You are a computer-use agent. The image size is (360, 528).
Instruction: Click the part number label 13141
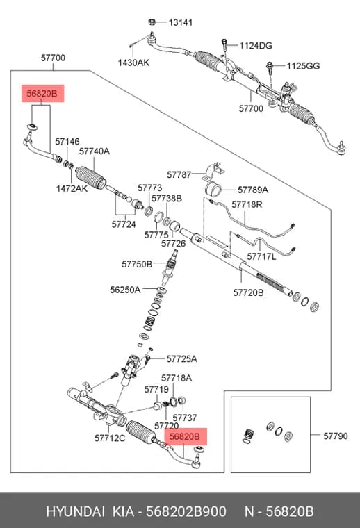click(x=181, y=22)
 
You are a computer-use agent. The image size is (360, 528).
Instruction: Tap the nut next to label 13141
click(x=152, y=22)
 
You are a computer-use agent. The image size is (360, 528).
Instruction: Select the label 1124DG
click(x=256, y=45)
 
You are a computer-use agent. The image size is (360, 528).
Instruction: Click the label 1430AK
click(x=133, y=63)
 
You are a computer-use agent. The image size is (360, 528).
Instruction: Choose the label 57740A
click(x=95, y=151)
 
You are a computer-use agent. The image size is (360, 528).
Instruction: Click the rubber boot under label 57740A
click(x=90, y=177)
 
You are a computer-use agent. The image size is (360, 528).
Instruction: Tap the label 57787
click(x=179, y=175)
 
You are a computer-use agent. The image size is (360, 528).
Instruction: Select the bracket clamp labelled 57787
click(x=213, y=171)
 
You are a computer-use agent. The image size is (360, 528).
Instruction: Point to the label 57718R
click(x=247, y=204)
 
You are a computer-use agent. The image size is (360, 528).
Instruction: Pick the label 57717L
click(x=261, y=256)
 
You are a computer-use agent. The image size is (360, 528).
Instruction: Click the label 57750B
click(x=137, y=264)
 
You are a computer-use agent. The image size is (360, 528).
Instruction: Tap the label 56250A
click(x=125, y=290)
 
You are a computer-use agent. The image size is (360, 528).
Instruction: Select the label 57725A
click(x=181, y=359)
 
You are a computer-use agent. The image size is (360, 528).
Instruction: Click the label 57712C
click(x=110, y=438)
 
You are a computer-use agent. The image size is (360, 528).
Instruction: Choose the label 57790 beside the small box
click(x=336, y=436)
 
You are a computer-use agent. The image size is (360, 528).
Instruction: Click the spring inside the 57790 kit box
click(x=248, y=436)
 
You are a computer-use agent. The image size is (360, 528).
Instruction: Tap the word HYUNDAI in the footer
click(x=75, y=512)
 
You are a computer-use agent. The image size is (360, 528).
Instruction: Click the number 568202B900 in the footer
click(x=186, y=512)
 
